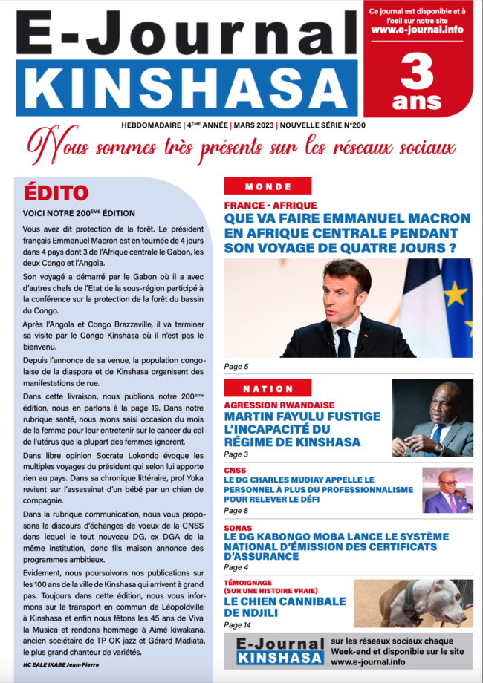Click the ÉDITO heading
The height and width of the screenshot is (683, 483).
click(x=55, y=193)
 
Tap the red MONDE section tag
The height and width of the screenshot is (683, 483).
click(x=268, y=186)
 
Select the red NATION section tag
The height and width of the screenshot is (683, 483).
click(x=268, y=388)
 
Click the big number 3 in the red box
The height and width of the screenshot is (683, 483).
click(x=418, y=74)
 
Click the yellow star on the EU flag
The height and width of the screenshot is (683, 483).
click(x=456, y=293)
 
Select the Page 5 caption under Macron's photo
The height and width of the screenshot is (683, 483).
click(x=236, y=367)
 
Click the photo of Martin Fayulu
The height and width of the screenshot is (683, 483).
click(x=432, y=418)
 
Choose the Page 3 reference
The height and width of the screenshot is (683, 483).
click(x=236, y=454)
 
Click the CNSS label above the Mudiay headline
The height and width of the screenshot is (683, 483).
click(x=236, y=470)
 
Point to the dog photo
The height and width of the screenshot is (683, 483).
click(x=412, y=603)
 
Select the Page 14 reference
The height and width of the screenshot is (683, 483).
click(x=239, y=626)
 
